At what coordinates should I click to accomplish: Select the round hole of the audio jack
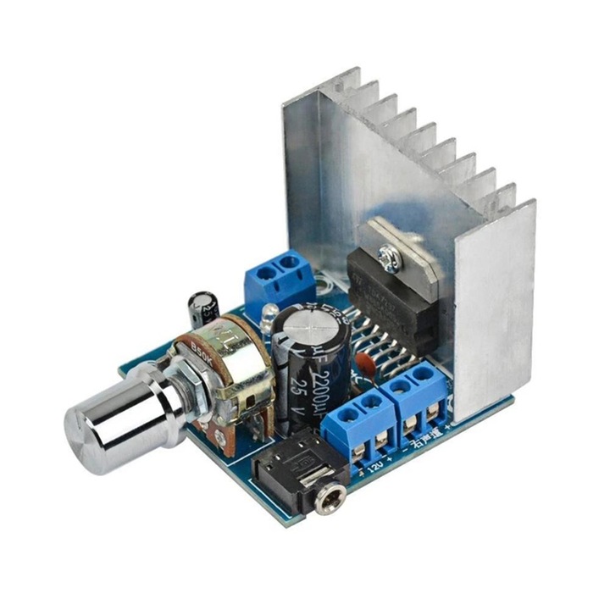(x=324, y=502)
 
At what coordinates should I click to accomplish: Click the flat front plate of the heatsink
(x=495, y=313)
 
